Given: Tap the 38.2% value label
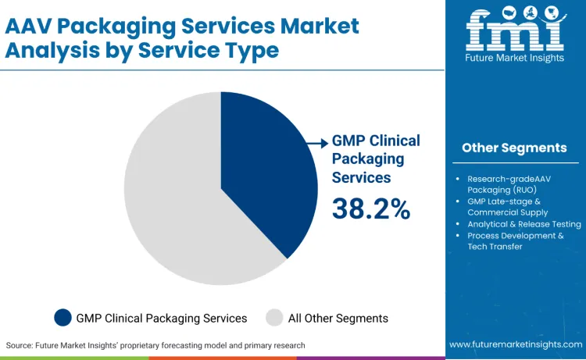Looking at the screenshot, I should coord(371,209).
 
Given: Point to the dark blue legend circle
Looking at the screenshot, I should coord(63,318).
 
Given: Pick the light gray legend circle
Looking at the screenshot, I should coord(275,318).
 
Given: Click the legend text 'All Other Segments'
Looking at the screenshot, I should coord(338,318).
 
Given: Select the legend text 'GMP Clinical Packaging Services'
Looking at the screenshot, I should coord(162,318).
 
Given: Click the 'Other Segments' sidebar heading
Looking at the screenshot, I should coord(514,148).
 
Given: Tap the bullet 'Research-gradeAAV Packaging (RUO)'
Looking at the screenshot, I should coord(509,184).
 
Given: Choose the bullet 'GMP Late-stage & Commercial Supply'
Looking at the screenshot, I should coord(507,206).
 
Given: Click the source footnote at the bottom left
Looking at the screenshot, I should coord(155,344).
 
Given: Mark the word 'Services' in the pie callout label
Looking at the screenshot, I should coord(361,177).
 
